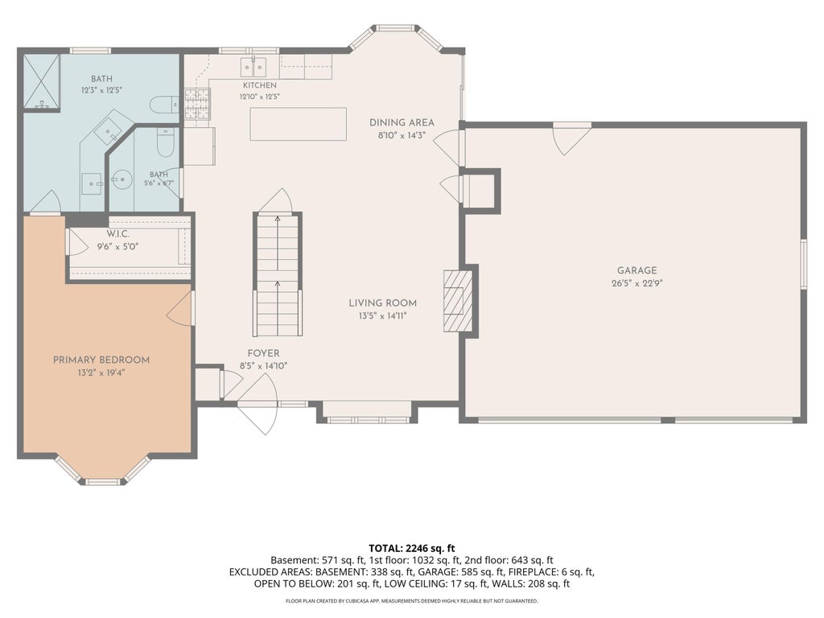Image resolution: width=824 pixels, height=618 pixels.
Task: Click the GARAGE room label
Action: click(x=637, y=270)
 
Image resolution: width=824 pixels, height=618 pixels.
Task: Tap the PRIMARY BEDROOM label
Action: click(x=101, y=360)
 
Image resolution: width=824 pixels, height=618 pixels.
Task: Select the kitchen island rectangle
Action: click(x=298, y=124)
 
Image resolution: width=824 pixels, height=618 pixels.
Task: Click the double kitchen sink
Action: click(x=253, y=68)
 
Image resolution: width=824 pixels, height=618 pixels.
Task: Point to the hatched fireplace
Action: click(x=458, y=301)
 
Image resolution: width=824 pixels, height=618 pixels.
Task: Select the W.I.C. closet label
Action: click(x=117, y=234)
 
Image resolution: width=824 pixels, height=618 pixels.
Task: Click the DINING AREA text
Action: click(x=402, y=122)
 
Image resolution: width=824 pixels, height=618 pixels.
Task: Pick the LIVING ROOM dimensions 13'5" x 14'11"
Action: click(x=382, y=315)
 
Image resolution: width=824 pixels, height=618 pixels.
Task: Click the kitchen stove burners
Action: click(x=198, y=104)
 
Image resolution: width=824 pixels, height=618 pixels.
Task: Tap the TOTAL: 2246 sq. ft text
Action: click(x=411, y=549)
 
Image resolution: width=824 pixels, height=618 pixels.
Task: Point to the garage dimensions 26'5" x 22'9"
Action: click(x=637, y=283)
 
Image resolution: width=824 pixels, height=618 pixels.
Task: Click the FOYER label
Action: click(x=263, y=354)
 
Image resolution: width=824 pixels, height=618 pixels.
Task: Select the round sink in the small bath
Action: click(x=123, y=179)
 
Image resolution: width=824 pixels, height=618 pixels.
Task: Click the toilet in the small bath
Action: click(x=166, y=143)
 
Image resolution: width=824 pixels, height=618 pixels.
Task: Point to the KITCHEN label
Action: click(x=260, y=85)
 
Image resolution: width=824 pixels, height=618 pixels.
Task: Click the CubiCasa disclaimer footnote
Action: click(x=411, y=600)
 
